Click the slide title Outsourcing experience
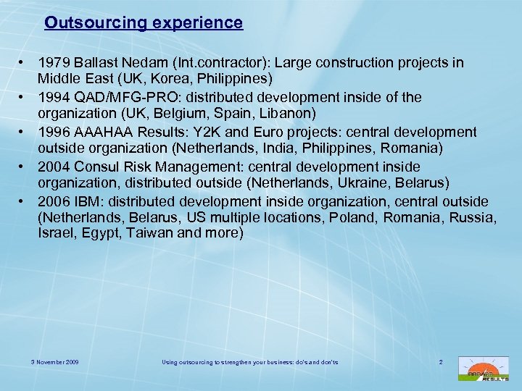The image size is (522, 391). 144,22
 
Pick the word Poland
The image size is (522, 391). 365,217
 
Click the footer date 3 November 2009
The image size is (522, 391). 55,361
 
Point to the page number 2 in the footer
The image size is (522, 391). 441,361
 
